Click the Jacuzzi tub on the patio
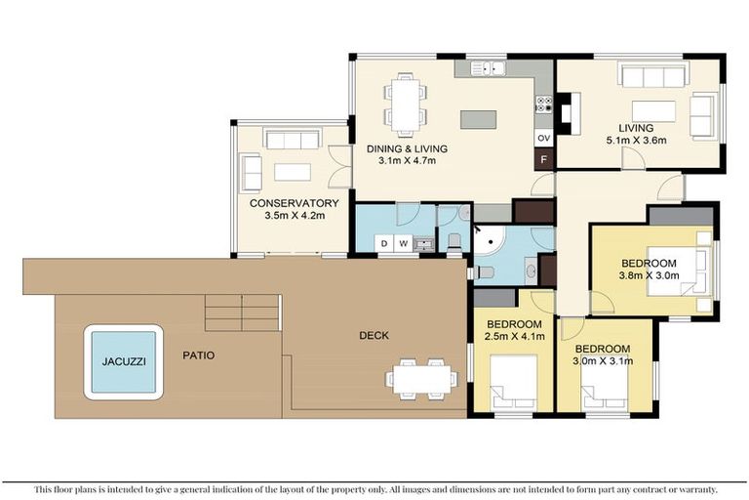(122, 361)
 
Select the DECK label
(373, 335)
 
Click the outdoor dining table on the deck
(422, 375)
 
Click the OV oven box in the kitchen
(544, 138)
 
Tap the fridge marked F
(544, 159)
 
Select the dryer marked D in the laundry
(384, 243)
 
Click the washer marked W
(402, 243)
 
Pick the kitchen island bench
(479, 119)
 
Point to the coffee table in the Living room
(652, 110)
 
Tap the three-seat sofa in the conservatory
(293, 141)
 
